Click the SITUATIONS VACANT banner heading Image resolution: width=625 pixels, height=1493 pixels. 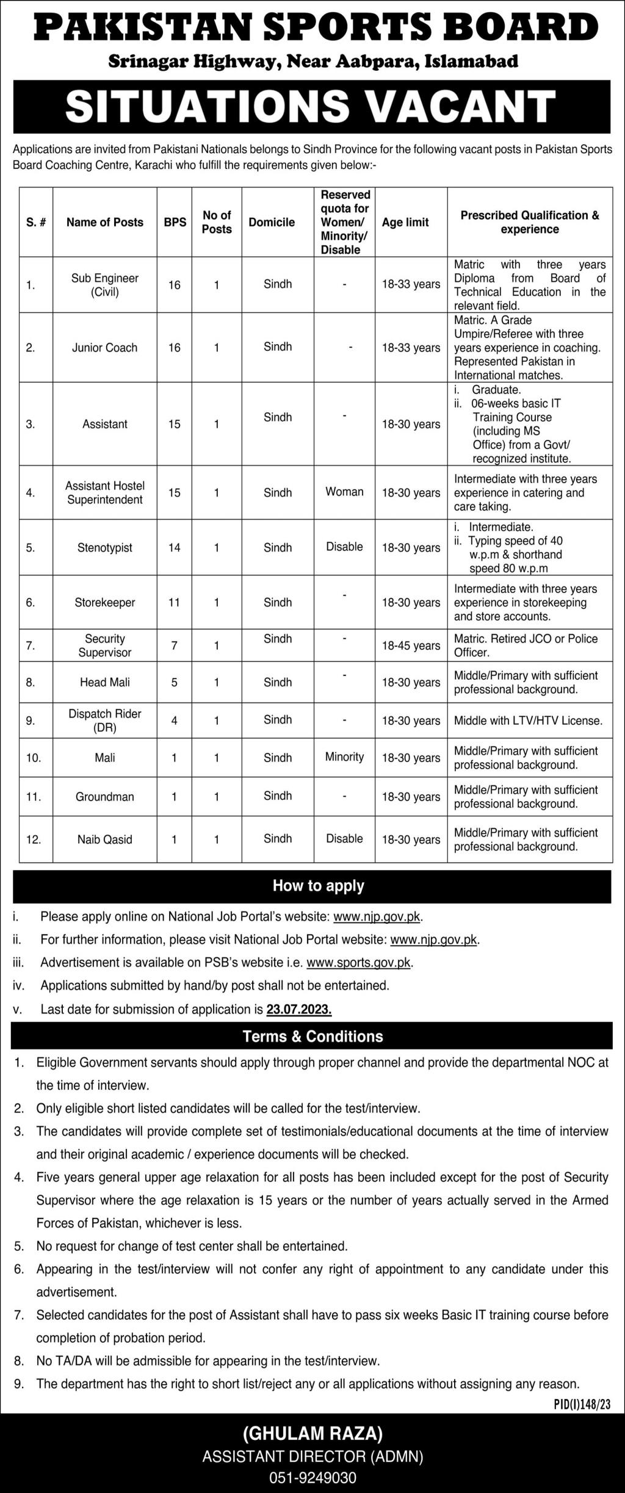(311, 105)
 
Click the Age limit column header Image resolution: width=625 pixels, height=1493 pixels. (405, 223)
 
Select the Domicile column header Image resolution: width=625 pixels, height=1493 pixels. (272, 223)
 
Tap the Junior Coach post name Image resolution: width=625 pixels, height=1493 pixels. (105, 348)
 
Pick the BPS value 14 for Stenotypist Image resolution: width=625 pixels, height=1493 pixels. (175, 548)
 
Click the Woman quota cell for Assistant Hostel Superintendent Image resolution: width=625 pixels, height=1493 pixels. (344, 492)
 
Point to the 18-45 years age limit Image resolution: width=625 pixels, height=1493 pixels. (411, 646)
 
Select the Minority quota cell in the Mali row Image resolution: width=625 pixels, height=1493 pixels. (344, 757)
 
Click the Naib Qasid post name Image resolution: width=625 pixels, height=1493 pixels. (105, 840)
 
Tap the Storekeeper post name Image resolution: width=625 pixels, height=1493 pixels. (105, 603)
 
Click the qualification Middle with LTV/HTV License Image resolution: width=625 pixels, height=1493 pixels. (528, 721)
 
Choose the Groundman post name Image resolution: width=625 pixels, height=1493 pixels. (105, 797)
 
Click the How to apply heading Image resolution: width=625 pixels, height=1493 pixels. (318, 886)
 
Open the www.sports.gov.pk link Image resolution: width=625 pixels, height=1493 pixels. (359, 963)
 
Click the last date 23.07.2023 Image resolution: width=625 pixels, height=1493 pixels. (299, 1009)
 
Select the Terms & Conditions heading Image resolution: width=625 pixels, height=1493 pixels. (312, 1037)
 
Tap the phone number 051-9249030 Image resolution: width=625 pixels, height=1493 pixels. (312, 1472)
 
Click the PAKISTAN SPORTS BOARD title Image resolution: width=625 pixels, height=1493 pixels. (316, 28)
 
